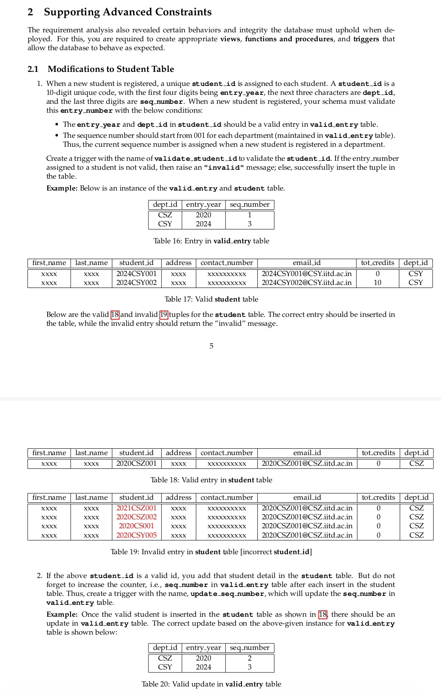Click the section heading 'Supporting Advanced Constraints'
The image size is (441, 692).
(x=128, y=12)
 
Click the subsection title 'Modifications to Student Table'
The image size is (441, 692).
(x=111, y=69)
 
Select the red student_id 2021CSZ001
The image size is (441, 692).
(x=137, y=508)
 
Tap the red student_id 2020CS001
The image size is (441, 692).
(x=137, y=526)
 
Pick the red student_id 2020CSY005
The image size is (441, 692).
(x=137, y=535)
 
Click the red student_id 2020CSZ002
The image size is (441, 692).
(x=137, y=517)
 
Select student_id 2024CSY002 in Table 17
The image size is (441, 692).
(x=137, y=282)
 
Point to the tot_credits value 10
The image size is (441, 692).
(x=377, y=282)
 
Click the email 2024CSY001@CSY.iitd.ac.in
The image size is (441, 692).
(x=307, y=273)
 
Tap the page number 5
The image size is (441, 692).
(x=211, y=346)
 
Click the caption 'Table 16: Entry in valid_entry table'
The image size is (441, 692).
(x=211, y=241)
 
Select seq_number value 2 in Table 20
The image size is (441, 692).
(x=250, y=658)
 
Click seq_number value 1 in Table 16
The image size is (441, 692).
(x=250, y=215)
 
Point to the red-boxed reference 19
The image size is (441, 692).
(x=164, y=315)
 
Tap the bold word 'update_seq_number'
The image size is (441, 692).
(x=228, y=594)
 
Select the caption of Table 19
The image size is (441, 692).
(x=211, y=552)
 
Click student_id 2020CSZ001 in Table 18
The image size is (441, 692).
(x=137, y=463)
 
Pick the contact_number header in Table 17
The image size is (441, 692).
(x=227, y=263)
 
